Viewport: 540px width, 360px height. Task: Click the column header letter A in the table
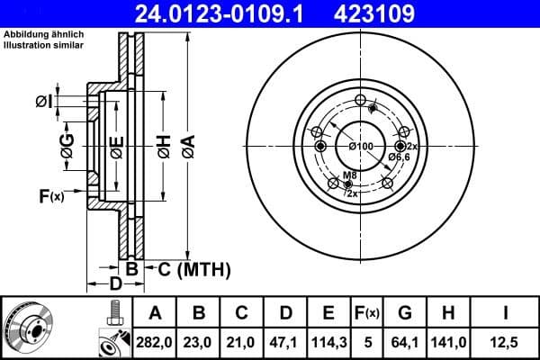pos(155,313)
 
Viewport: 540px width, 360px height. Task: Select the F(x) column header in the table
pos(366,313)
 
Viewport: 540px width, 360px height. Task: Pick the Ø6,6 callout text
pos(399,157)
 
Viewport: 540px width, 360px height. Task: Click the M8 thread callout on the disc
pos(349,175)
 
